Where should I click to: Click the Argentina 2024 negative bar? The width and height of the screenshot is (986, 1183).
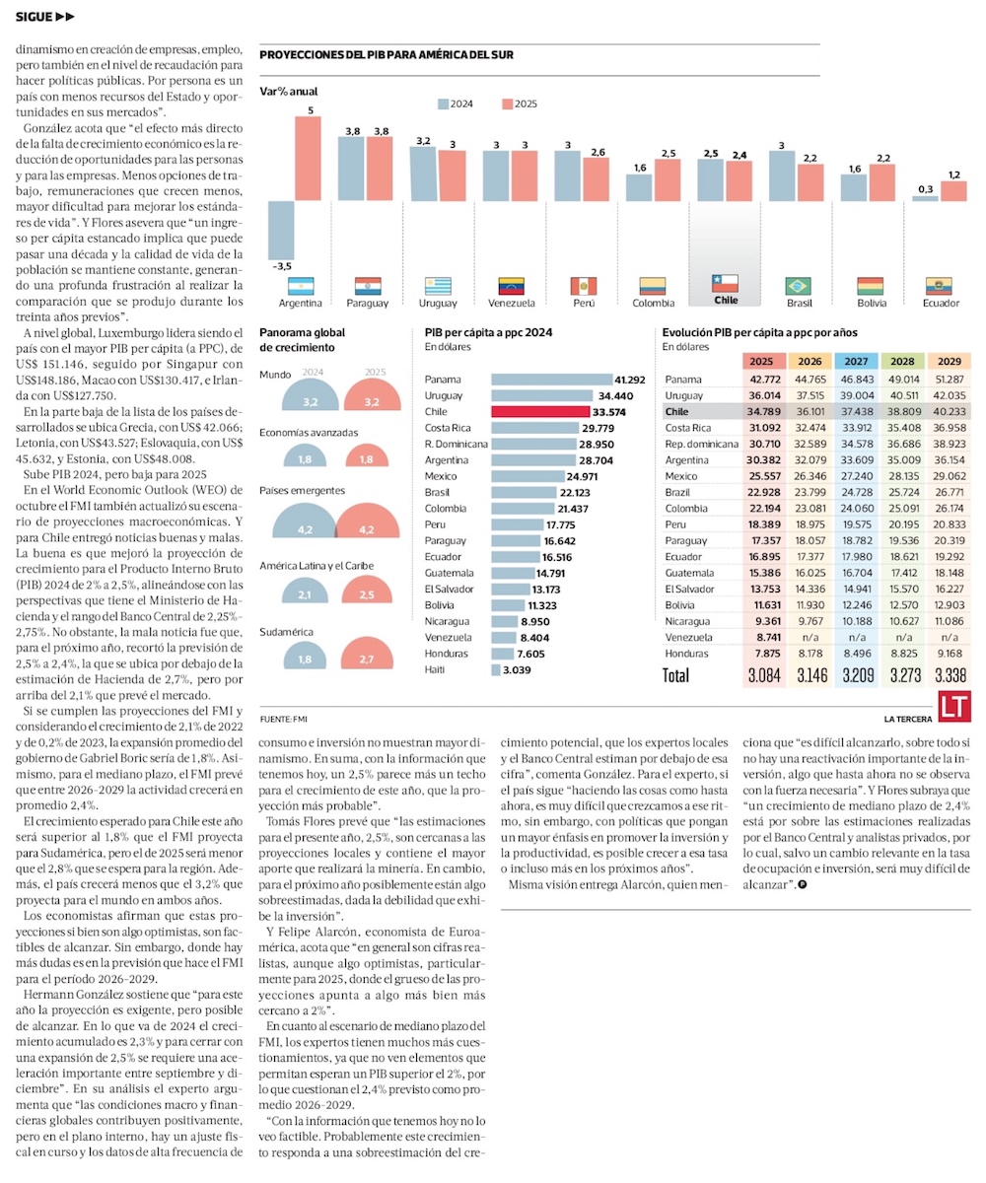point(283,229)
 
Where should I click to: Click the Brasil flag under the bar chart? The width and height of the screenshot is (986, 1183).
point(798,286)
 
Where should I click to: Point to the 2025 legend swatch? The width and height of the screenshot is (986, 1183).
point(507,104)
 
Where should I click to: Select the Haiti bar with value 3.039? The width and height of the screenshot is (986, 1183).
point(495,669)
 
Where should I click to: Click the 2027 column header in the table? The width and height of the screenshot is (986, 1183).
point(856,361)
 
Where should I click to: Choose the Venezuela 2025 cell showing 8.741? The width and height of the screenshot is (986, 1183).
point(764,637)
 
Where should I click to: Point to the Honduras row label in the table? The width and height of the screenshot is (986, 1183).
point(687,653)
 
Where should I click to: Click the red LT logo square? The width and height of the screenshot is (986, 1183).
point(951,705)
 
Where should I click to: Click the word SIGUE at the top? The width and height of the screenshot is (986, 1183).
point(34,17)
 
